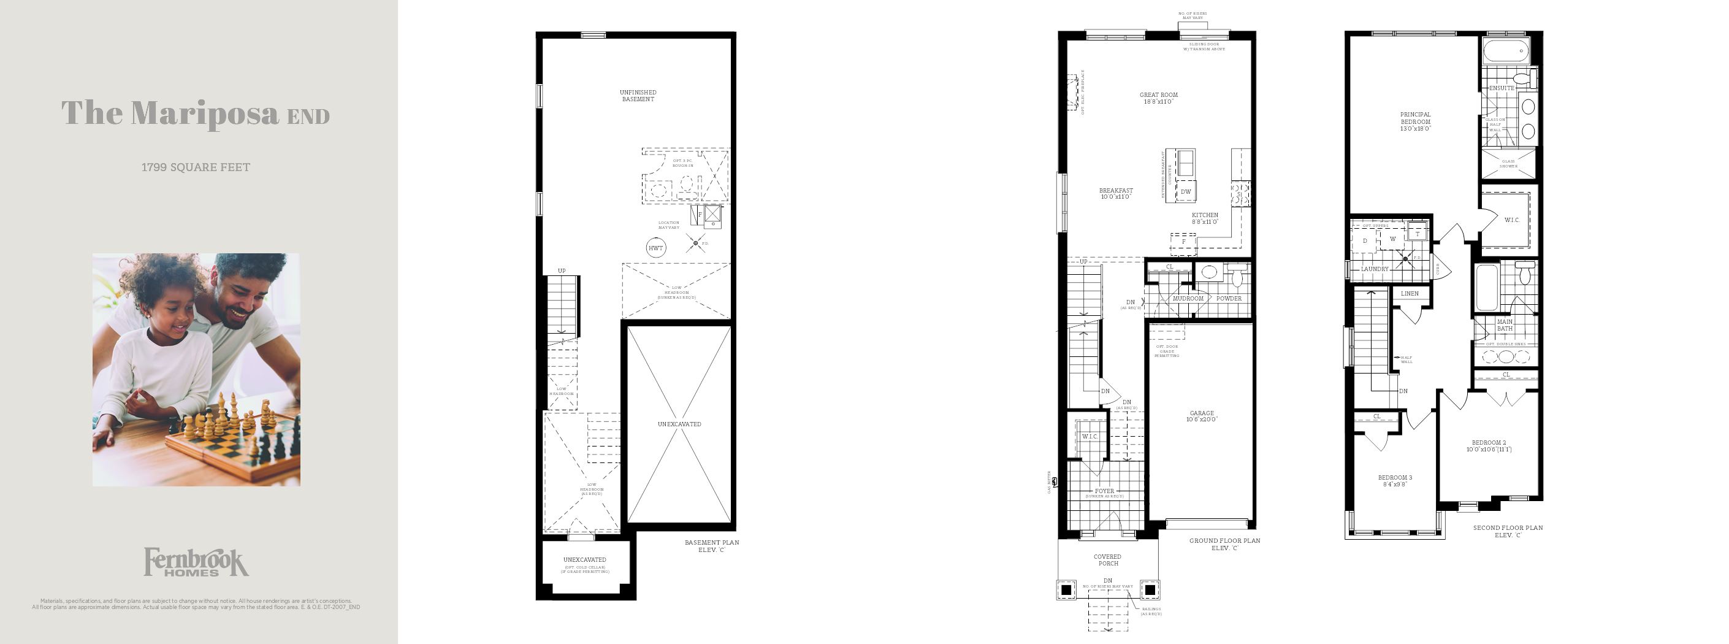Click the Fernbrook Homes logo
click(196, 562)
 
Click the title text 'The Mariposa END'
click(196, 113)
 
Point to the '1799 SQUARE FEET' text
click(196, 167)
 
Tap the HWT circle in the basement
click(656, 248)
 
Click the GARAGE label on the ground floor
click(1202, 416)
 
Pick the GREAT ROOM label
click(1158, 98)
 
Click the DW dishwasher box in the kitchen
click(1186, 192)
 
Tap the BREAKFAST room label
click(1115, 193)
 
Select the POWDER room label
click(1229, 298)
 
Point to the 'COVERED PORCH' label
click(1107, 559)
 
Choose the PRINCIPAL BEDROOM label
click(1415, 121)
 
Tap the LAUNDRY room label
click(1375, 269)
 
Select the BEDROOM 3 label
click(1395, 480)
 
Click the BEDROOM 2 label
click(1489, 446)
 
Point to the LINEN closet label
click(1410, 293)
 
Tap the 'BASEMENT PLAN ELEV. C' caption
click(711, 546)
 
